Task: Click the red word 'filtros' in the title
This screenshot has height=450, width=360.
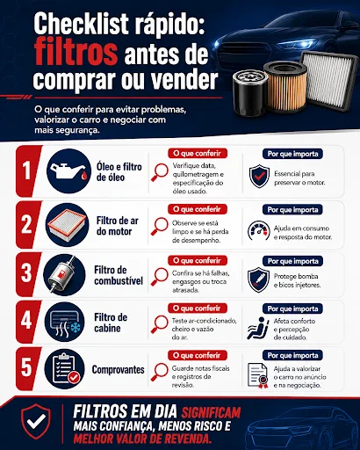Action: pos(76,53)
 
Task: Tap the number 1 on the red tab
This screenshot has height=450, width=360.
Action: pos(26,171)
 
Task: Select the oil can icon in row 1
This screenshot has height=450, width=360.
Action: pos(68,171)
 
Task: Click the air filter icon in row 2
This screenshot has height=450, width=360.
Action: pos(67,225)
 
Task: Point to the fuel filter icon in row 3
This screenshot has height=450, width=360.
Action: pos(64,275)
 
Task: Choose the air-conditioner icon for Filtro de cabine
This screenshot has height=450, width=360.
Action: pos(65,322)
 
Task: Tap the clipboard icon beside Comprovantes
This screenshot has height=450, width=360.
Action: pos(65,369)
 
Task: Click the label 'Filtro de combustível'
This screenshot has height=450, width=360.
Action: pos(119,275)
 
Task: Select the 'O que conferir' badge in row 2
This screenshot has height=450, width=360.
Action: pos(198,209)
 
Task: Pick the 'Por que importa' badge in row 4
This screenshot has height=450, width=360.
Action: pos(292,308)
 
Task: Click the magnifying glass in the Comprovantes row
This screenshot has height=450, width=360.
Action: pos(159,372)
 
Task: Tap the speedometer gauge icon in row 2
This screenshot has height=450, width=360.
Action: pos(259,231)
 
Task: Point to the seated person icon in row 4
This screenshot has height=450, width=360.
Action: pos(258,328)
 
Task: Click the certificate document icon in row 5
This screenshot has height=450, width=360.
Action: pos(258,375)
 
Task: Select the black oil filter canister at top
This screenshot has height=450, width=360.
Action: pos(250,92)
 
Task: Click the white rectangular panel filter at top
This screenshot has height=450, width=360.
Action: pos(330,81)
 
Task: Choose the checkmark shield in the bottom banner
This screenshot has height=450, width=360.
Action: pos(36,421)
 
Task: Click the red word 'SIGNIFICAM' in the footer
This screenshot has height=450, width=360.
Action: pos(211,412)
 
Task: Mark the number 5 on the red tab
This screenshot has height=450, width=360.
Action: pos(26,367)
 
